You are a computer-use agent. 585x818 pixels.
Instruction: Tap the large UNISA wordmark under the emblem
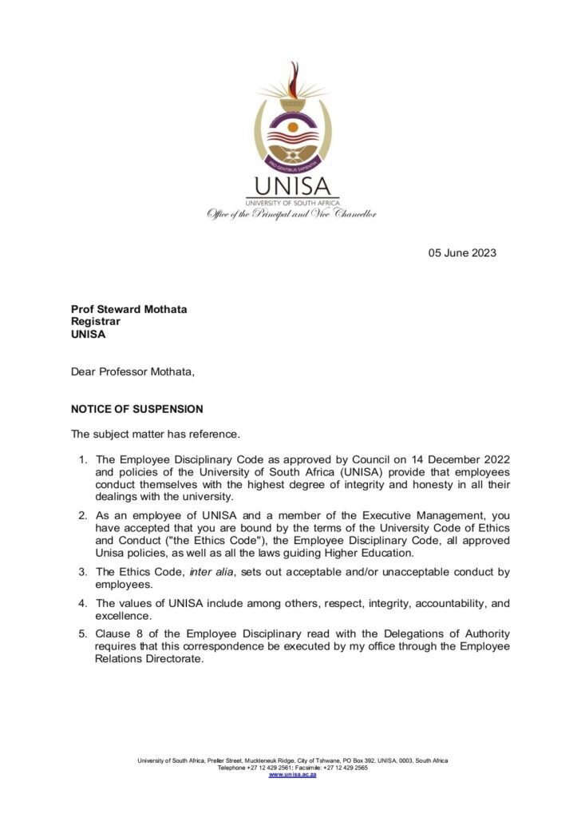pos(292,187)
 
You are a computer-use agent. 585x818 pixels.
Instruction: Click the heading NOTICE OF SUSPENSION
pos(136,409)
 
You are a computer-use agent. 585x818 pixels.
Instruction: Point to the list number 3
pos(82,572)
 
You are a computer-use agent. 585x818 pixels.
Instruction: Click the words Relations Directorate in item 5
pos(142,660)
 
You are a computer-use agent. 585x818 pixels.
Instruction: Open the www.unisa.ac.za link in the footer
pos(292,776)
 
